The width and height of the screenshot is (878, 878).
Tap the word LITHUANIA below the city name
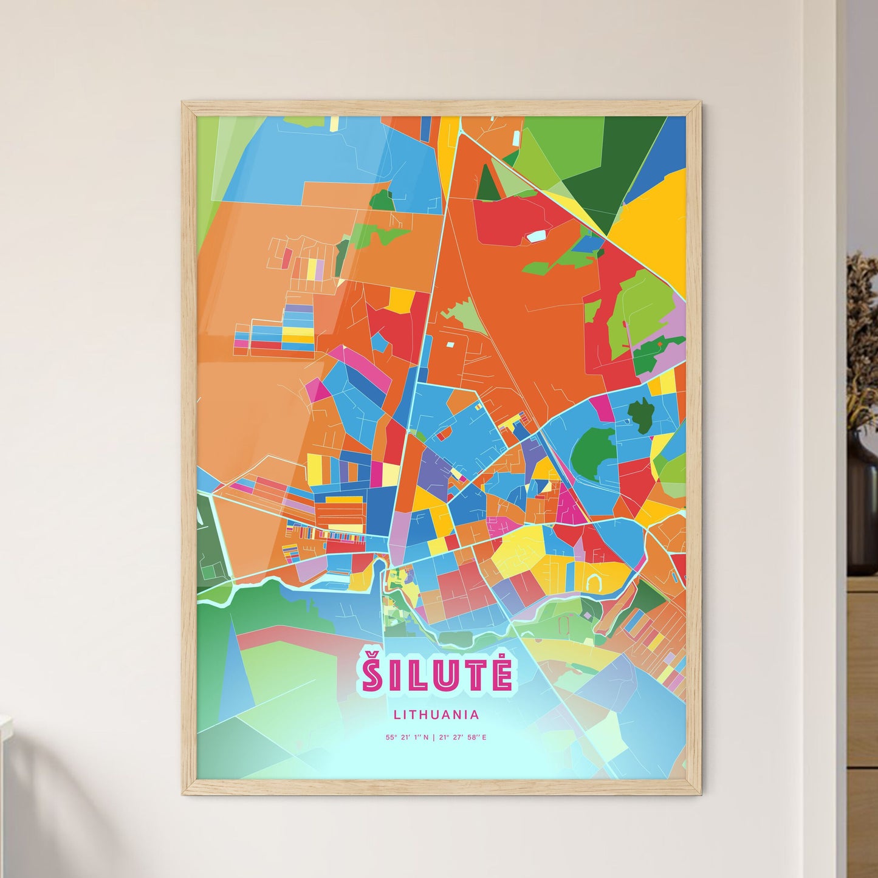tap(436, 715)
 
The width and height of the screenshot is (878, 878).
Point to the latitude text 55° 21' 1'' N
tap(406, 738)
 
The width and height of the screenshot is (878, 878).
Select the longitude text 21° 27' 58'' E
tap(462, 738)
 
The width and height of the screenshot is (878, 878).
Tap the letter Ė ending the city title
tap(501, 672)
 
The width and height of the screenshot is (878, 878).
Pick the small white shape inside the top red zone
tap(537, 236)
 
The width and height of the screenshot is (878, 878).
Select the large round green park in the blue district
tap(593, 451)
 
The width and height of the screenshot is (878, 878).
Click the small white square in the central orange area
tap(450, 345)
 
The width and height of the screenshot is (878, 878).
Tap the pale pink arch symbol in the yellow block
tap(593, 583)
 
